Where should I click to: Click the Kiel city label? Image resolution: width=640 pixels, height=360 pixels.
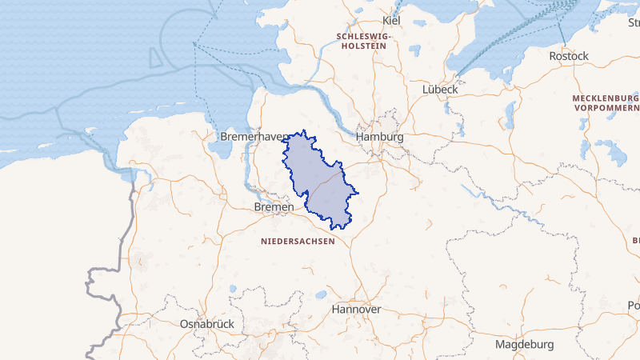391,20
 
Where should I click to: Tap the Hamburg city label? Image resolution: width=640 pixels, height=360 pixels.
380,138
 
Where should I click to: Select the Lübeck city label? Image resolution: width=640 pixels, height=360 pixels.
440,90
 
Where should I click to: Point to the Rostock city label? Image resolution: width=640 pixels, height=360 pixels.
569,56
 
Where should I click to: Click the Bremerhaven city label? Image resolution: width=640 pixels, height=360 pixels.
254,138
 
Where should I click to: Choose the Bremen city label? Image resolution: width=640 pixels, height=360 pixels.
274,207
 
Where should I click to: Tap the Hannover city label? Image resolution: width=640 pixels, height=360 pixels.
356,309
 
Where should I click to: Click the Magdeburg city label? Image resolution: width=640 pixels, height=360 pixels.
525,345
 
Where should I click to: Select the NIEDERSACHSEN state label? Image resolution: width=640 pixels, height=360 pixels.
298,240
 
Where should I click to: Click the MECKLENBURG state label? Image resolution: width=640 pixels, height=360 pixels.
605,98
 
